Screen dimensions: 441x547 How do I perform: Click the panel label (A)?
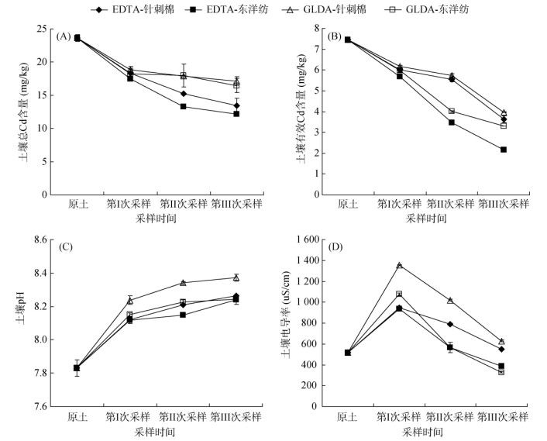click(64, 36)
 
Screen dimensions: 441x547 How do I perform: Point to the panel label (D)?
click(335, 247)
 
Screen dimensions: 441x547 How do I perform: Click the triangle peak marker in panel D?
click(400, 265)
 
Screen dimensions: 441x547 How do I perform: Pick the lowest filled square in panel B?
click(504, 149)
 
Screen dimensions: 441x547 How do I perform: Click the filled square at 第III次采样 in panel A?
click(236, 114)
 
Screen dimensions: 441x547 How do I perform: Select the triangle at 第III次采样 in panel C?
click(236, 277)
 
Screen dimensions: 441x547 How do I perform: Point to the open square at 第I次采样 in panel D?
click(400, 294)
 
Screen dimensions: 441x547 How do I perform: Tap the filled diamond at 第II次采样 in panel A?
click(184, 94)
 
